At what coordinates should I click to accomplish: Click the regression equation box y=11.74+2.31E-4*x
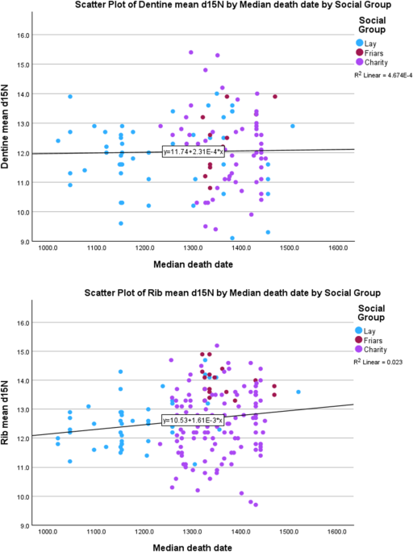click(194, 151)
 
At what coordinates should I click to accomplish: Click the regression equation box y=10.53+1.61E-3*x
click(194, 420)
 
